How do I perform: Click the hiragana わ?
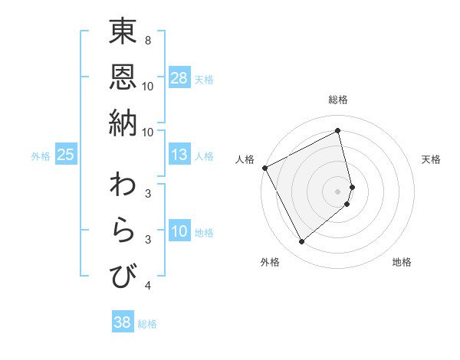[123, 186]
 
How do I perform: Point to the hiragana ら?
[123, 231]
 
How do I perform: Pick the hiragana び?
[123, 275]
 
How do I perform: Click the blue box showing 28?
[179, 78]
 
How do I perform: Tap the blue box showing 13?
[179, 155]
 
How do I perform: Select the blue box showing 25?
[66, 155]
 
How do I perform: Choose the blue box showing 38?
[123, 322]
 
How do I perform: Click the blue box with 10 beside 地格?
[179, 231]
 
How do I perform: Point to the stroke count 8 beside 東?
[147, 41]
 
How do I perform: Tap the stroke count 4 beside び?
[147, 286]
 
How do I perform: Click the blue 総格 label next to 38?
[147, 324]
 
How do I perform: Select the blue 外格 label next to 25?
[41, 156]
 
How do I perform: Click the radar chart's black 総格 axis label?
[338, 100]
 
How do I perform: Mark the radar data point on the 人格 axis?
[264, 168]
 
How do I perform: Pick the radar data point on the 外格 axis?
[301, 242]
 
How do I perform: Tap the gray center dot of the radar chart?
[338, 191]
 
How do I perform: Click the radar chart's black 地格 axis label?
[402, 262]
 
